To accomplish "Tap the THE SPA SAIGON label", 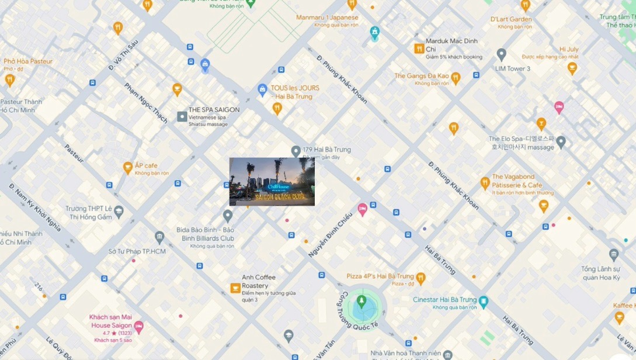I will coord(214,110).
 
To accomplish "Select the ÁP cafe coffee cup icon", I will coord(127,168).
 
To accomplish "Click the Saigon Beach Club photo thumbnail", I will coord(272,182).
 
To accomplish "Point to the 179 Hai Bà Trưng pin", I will coord(296,151).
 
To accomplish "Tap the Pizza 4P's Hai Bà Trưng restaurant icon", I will coord(420,278).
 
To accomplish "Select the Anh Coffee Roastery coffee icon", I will coord(235,288).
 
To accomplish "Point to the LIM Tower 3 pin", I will coord(501,55).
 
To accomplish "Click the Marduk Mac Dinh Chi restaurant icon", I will coord(419,49).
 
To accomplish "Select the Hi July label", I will coord(569,50).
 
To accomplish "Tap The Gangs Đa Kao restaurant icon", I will coord(456,77).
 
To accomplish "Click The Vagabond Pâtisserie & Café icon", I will coord(485,184).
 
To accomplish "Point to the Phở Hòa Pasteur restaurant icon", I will coord(9,80).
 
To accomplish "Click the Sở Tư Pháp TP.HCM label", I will coord(137,251).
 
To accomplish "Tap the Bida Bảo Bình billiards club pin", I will coord(228,216).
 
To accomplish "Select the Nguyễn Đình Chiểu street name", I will coord(331,236).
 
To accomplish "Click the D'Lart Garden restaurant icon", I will coord(525,5).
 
